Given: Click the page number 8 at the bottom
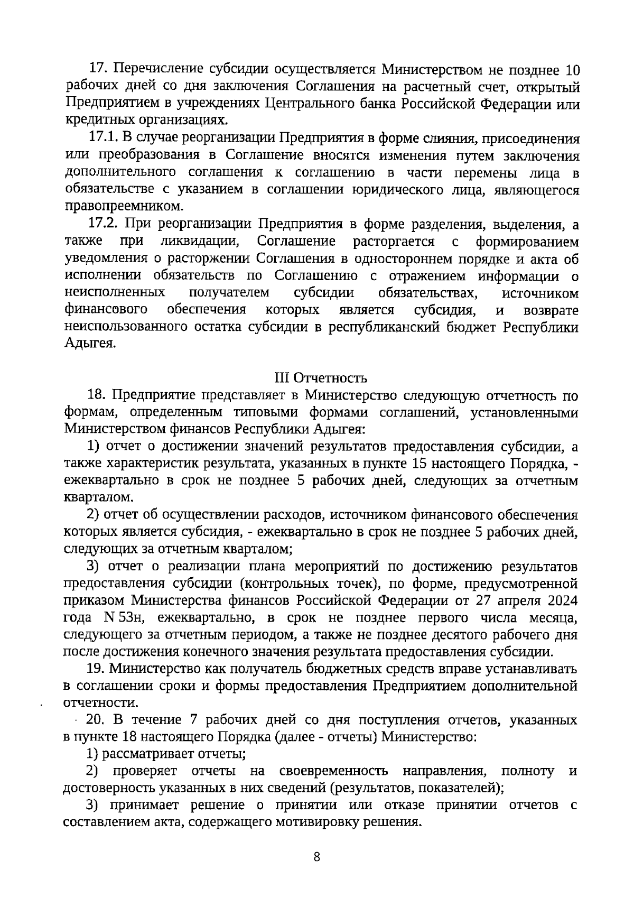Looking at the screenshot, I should click(x=317, y=857).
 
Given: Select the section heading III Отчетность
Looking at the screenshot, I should click(x=321, y=378).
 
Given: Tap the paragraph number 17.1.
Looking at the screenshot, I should click(x=102, y=138).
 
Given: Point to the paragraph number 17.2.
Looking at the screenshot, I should click(x=102, y=225).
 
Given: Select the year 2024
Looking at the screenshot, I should click(x=560, y=600).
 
